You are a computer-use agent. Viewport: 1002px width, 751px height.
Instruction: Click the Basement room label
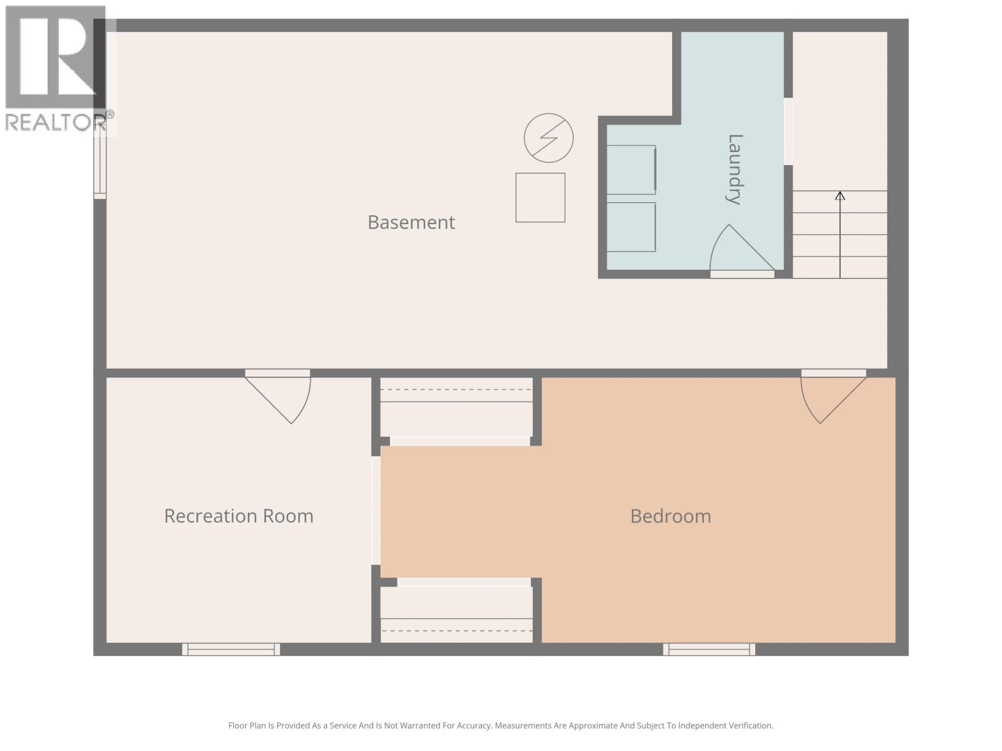[x=411, y=222]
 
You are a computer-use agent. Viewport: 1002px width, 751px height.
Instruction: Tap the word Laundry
[x=734, y=169]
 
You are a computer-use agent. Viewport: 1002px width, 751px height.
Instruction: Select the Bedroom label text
[x=670, y=516]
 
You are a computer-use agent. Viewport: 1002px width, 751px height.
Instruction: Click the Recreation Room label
[x=239, y=516]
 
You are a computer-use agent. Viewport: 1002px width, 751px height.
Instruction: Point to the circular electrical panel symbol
[x=549, y=138]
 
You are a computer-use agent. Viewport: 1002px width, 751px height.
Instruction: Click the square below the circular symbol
[x=540, y=198]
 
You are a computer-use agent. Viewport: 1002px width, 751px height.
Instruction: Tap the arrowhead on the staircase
[x=840, y=196]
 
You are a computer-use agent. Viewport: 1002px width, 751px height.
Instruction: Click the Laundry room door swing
[x=739, y=250]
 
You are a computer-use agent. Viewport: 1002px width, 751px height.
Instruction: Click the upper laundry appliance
[x=631, y=170]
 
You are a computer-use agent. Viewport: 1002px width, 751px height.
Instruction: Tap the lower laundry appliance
[x=631, y=227]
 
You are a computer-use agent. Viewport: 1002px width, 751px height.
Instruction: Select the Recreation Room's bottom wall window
[x=231, y=650]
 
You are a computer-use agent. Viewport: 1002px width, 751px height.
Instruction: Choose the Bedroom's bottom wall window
[x=709, y=650]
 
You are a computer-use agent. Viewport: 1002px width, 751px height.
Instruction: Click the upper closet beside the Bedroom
[x=457, y=408]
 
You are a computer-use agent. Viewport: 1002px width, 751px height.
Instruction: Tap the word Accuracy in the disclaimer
[x=471, y=726]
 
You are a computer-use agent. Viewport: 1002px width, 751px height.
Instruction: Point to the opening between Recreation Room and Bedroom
[x=376, y=511]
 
